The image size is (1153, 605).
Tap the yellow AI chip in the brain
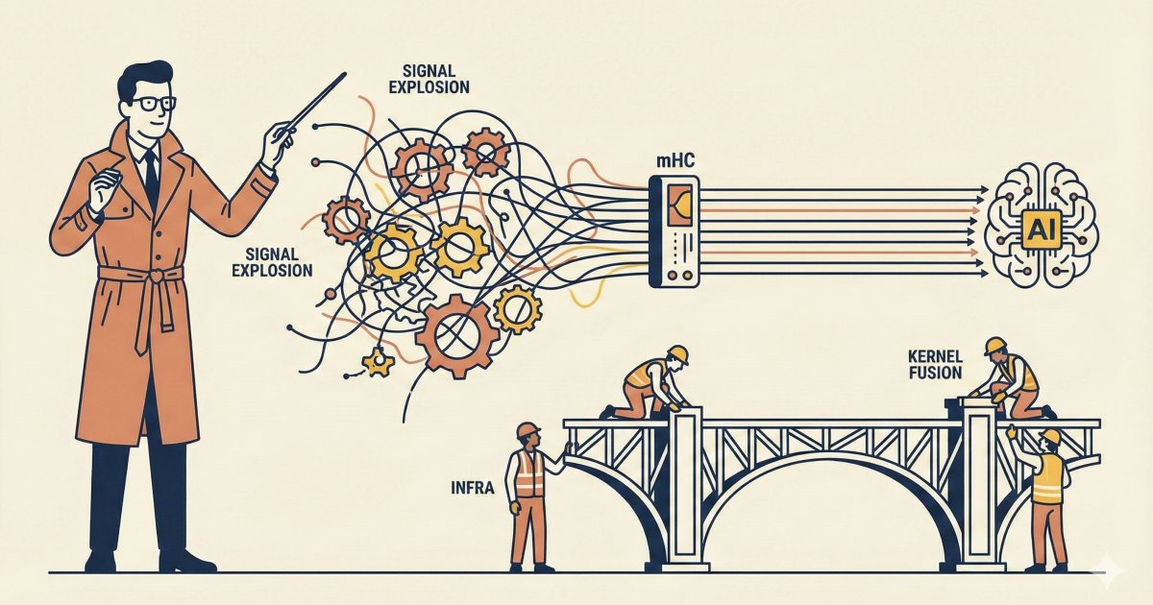1041,230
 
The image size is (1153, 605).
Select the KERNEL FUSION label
935,365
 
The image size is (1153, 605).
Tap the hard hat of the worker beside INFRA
527,430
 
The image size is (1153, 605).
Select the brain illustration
1043,226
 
